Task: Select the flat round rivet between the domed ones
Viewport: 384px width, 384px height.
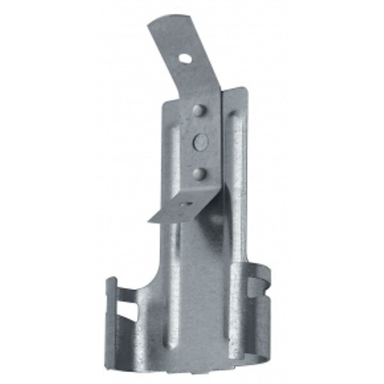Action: tap(198, 141)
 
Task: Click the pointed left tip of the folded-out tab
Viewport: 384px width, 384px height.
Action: tap(151, 221)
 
